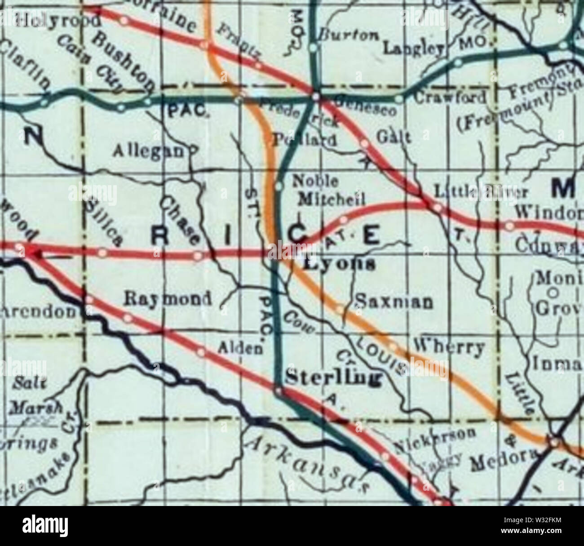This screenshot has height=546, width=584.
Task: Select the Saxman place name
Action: point(394,302)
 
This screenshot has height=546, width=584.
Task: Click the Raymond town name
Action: point(167,299)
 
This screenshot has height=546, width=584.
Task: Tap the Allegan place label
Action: point(150,151)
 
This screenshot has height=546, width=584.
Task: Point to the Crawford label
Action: point(450,97)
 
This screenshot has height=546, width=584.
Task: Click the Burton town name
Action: point(349,36)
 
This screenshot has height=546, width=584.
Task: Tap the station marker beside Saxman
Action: point(340,308)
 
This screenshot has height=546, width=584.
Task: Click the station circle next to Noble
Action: point(279,186)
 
